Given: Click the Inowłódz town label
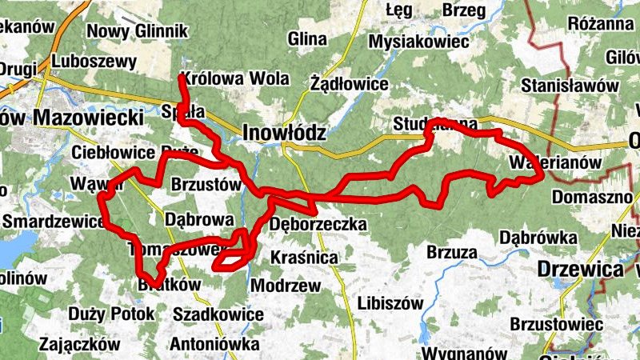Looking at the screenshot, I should (x=284, y=132).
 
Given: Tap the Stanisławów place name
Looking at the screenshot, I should (x=570, y=85).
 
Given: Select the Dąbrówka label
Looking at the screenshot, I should (x=538, y=238).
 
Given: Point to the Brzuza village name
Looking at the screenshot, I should (x=452, y=253).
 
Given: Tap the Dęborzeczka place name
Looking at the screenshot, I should (x=318, y=224).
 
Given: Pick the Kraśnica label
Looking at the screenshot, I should (x=304, y=258).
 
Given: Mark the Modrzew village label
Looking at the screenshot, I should (x=286, y=286).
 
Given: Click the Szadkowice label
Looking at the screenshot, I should (x=218, y=314).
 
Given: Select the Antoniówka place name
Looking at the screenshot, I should (x=214, y=344).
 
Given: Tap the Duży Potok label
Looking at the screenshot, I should (x=111, y=314).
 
